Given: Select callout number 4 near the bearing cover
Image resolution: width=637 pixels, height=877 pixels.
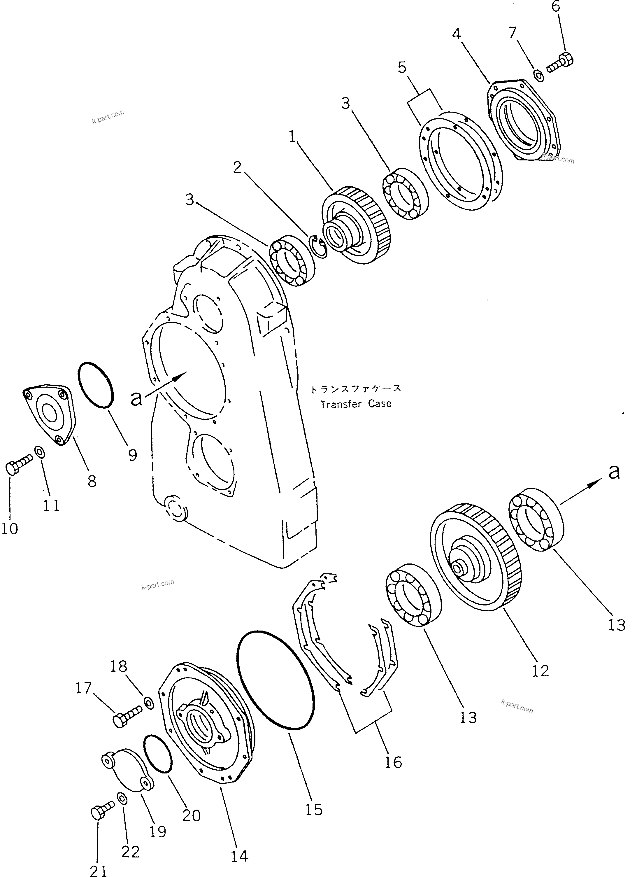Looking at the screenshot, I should click(457, 34).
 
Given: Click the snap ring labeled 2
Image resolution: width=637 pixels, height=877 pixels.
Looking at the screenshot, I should click(320, 246).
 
